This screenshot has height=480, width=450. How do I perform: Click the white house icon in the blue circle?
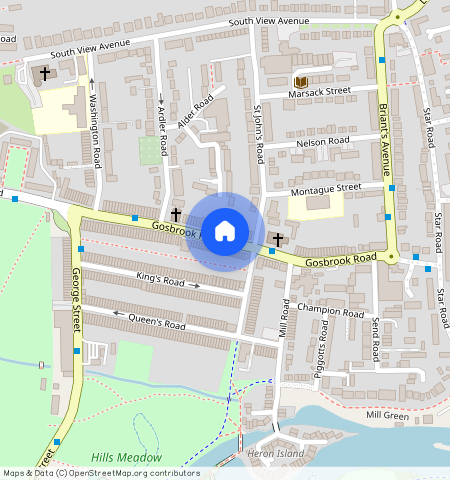coord(225,231)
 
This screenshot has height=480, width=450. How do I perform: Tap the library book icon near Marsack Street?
coord(300,80)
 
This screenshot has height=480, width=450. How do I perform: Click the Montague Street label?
coord(325,188)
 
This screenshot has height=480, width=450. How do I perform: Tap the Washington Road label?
coord(96,130)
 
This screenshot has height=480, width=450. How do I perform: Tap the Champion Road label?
coord(331,311)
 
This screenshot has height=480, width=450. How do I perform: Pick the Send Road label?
coord(375,340)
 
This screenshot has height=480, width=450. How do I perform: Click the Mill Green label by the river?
coord(388,414)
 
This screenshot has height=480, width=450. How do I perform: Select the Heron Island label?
coord(276,453)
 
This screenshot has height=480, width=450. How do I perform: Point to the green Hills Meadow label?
coord(126,457)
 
